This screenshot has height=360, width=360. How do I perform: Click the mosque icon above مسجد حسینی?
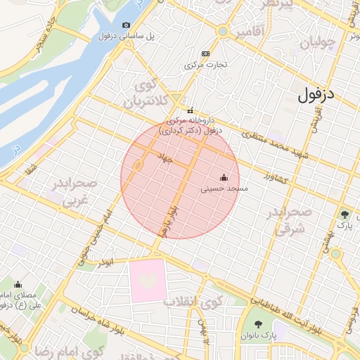(x=224, y=177)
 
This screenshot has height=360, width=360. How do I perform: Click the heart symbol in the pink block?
(x=147, y=280)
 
